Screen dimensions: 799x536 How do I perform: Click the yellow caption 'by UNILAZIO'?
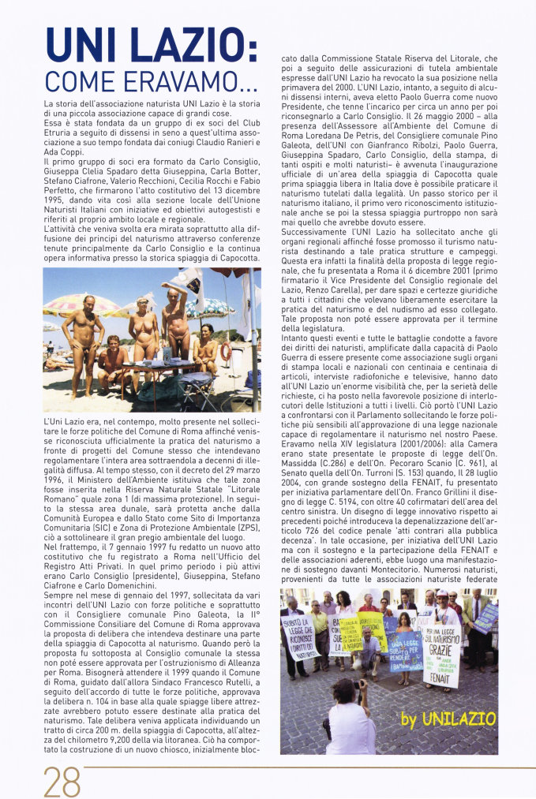pyautogui.click(x=448, y=719)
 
